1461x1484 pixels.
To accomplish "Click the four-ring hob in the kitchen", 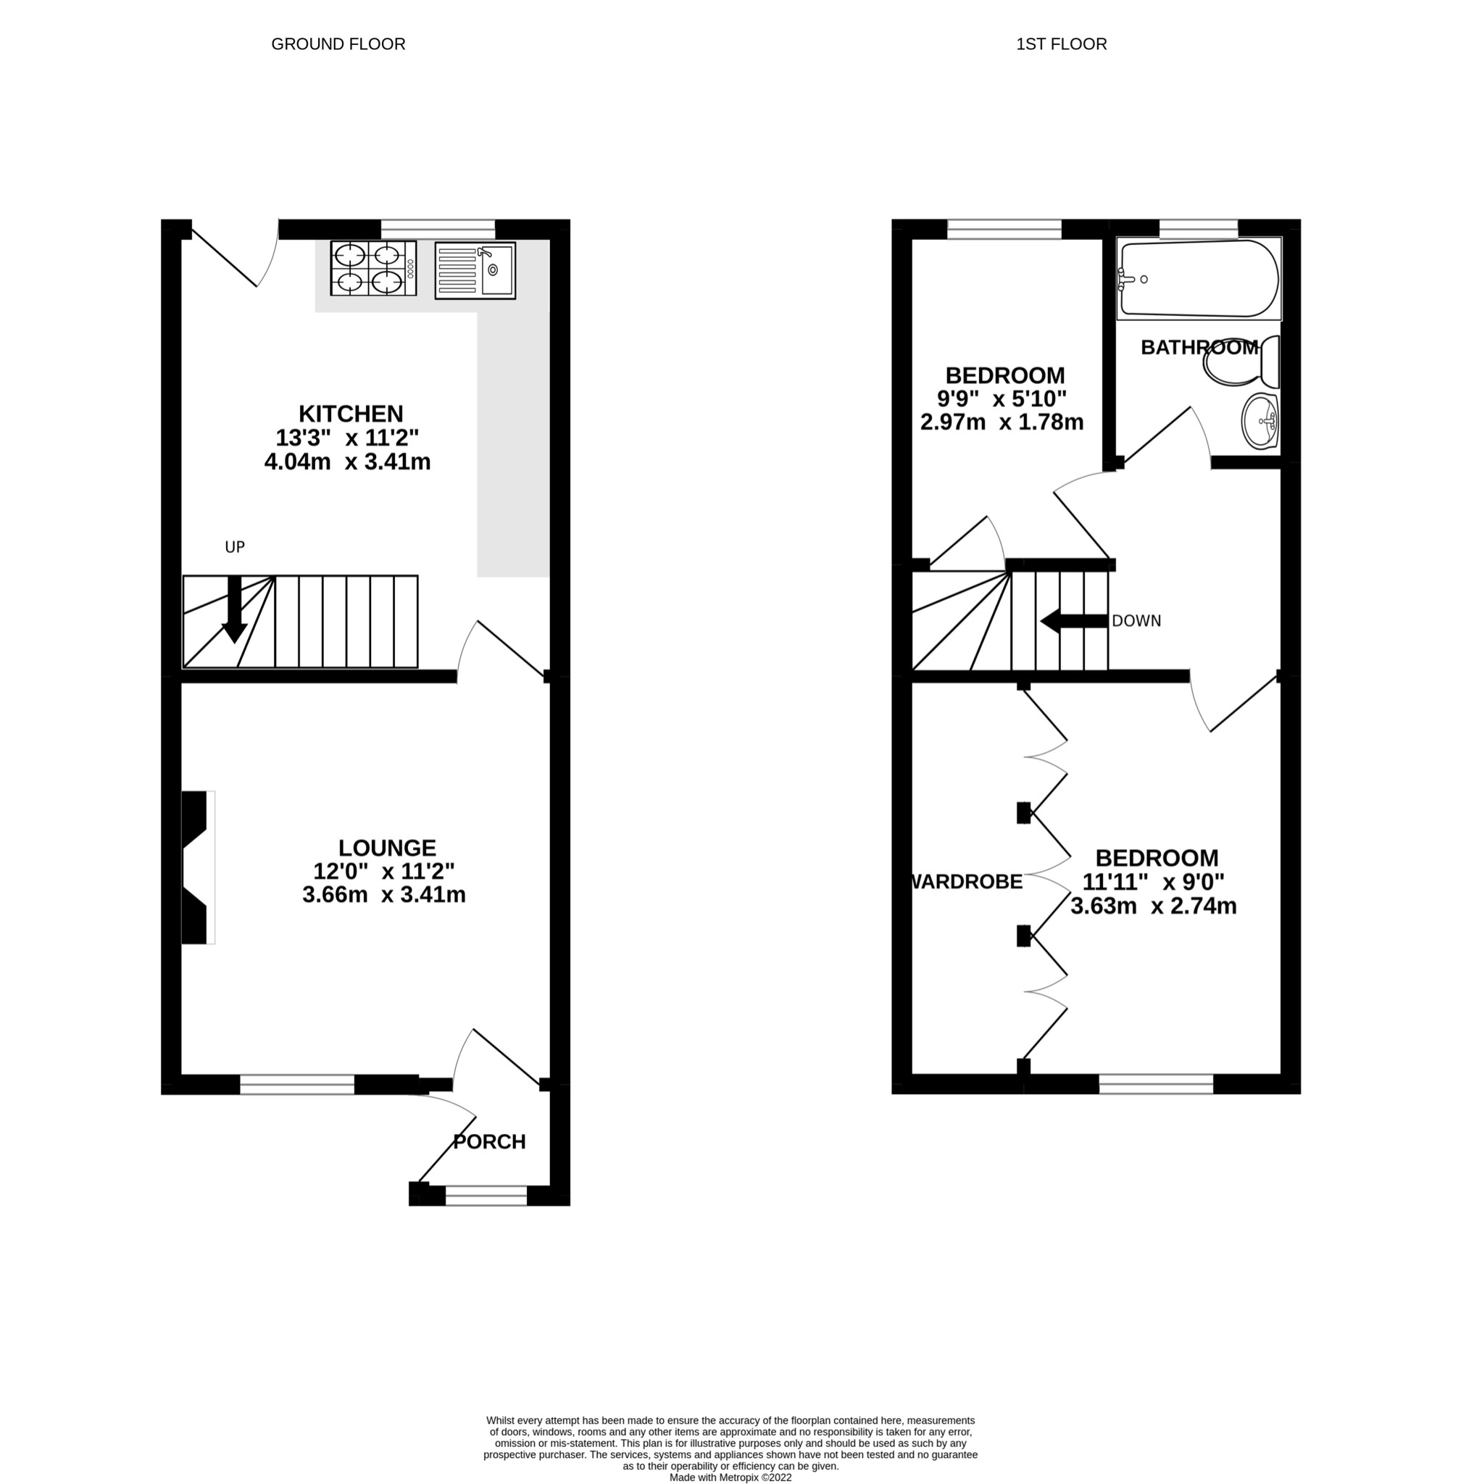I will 373,268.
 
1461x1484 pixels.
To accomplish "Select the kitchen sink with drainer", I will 475,270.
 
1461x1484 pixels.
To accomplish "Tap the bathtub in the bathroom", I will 1199,278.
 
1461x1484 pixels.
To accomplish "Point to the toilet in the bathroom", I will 1241,363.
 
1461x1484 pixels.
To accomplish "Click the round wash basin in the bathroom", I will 1260,421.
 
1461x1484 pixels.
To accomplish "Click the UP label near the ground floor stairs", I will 234,547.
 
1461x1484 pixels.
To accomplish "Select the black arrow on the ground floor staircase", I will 234,609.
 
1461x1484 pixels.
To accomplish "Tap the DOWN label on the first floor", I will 1136,621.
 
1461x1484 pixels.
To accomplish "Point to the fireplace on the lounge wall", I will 196,867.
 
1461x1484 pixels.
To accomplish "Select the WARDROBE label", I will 966,882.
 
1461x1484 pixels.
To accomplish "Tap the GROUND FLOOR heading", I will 338,43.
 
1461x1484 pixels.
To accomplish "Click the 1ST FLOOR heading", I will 1060,43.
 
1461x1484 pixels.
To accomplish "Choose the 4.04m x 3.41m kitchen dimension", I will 347,462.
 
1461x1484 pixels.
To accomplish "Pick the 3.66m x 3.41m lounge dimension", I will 383,895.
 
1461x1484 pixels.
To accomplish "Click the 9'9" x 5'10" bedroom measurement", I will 1002,399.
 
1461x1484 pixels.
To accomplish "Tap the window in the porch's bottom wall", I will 486,1195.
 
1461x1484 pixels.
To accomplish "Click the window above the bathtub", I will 1198,228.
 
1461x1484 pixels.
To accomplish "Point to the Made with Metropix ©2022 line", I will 730,1477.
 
